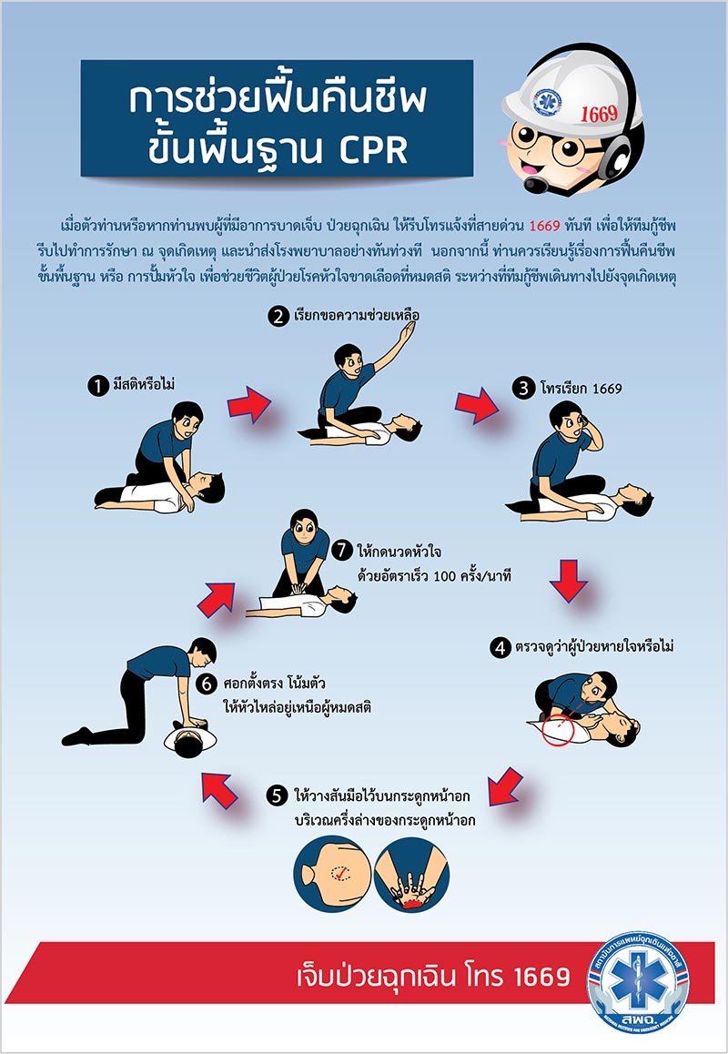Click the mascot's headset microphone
click(x=536, y=185)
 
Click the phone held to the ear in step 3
click(x=580, y=429)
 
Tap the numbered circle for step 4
click(x=500, y=649)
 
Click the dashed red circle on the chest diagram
click(x=339, y=874)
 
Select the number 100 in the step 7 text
click(x=434, y=575)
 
